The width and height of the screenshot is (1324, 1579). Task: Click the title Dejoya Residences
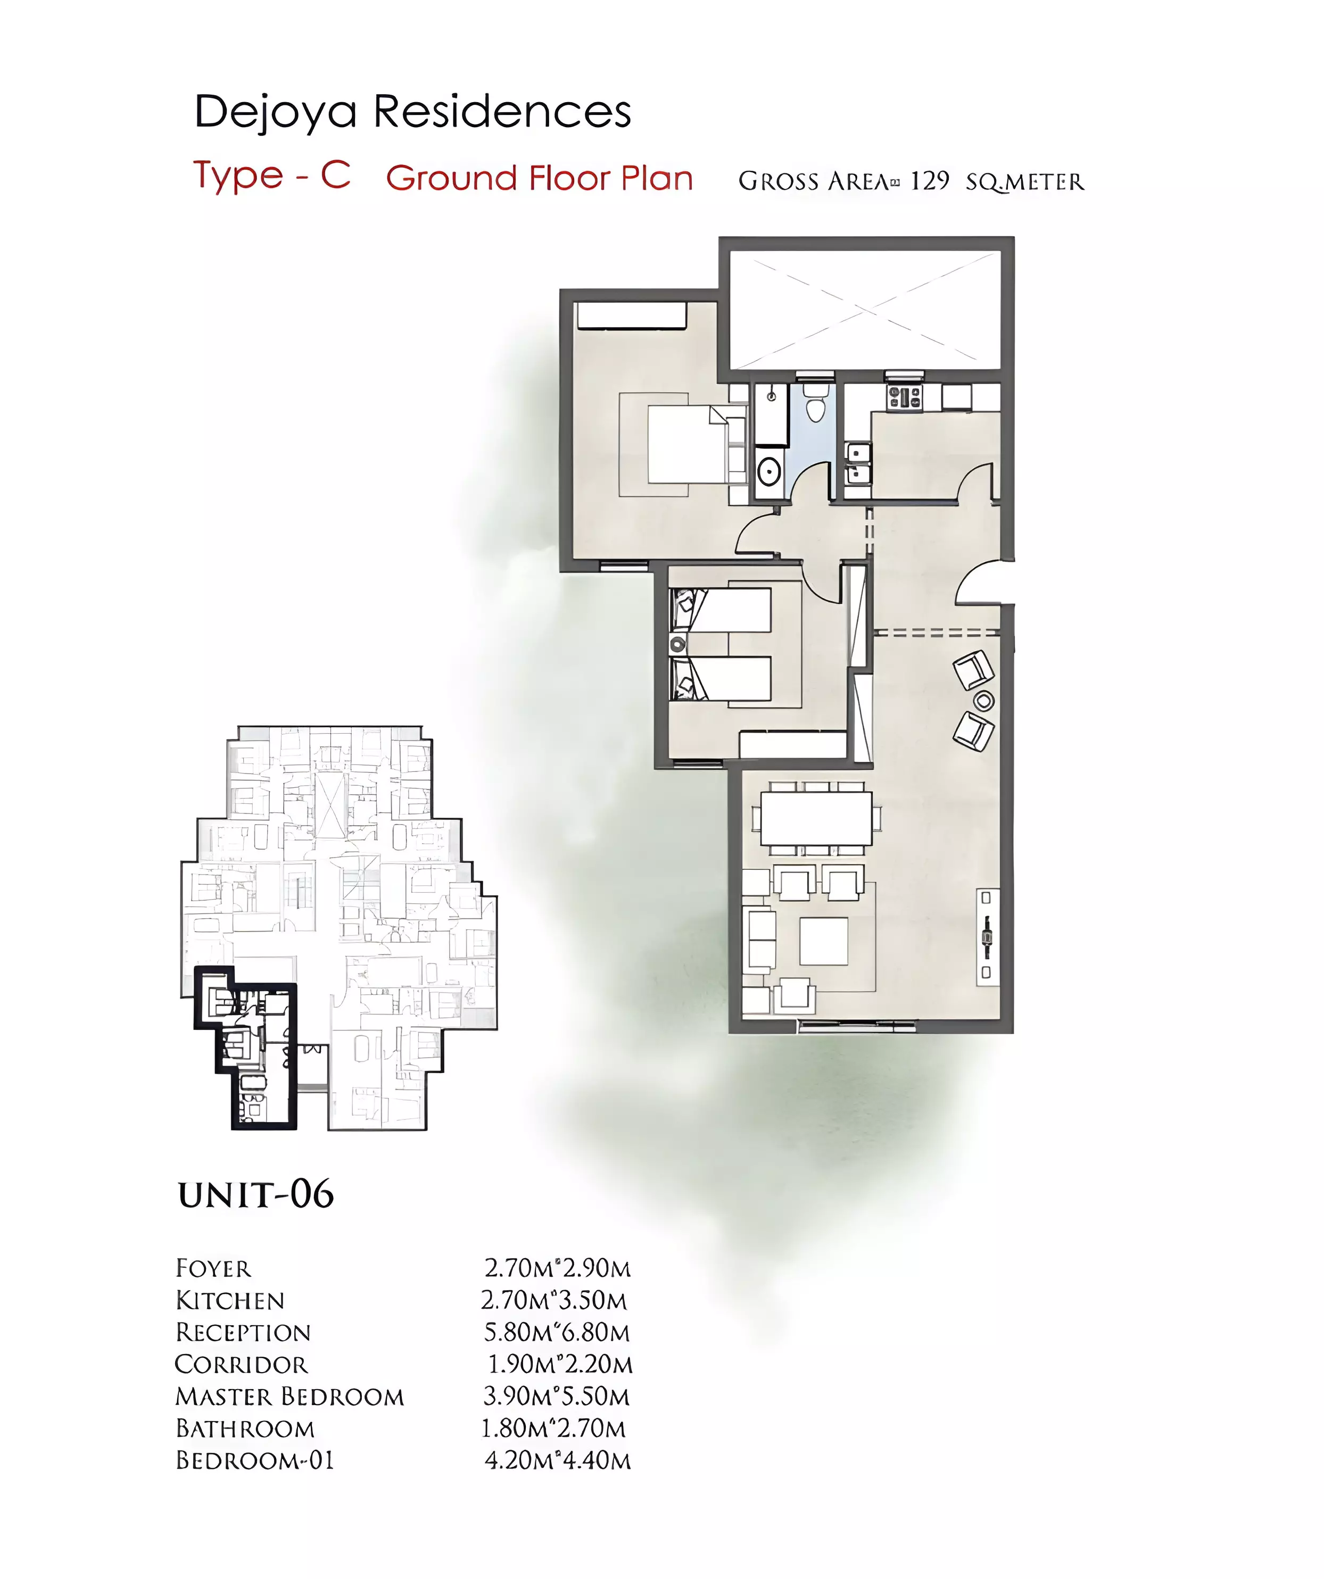tap(412, 113)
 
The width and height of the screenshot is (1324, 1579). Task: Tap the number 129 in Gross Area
tap(929, 181)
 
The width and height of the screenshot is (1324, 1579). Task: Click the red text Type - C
tap(272, 177)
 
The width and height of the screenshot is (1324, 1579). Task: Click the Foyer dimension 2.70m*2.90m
tap(558, 1268)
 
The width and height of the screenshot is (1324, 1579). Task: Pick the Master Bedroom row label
tap(289, 1397)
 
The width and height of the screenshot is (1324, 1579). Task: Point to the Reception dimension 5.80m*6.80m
tap(557, 1332)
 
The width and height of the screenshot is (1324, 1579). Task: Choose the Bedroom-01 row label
tap(254, 1460)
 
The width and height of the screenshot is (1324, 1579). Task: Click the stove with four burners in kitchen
tap(905, 398)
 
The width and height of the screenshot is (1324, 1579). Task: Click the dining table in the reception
tap(817, 818)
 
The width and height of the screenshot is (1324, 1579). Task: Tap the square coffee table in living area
tap(824, 941)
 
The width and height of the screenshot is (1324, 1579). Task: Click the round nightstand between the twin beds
tap(678, 644)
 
